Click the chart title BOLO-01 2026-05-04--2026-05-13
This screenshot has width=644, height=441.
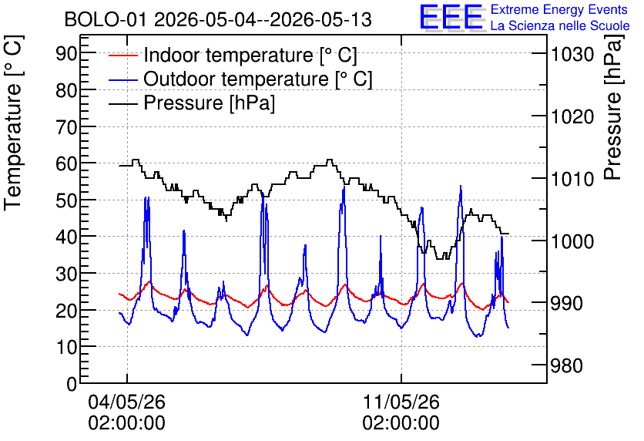pos(218,20)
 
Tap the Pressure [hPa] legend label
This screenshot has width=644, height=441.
pos(209,103)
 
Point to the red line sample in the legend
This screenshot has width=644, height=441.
pos(122,56)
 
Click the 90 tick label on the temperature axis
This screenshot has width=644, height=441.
pos(66,53)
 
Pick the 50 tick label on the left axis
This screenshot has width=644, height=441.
pos(66,200)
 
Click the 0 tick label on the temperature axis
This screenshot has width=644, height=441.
pos(72,384)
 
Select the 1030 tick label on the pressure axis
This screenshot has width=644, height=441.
pos(572,54)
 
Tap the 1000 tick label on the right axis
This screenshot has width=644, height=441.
pos(572,241)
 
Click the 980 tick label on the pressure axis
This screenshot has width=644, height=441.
pos(566,365)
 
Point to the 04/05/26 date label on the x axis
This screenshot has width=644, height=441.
pos(126,402)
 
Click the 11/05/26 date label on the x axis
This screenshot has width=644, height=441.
pos(401,402)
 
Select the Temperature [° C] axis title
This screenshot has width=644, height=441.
pos(13,123)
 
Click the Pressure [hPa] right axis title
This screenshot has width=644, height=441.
pos(613,107)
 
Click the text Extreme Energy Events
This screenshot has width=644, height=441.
pos(559,9)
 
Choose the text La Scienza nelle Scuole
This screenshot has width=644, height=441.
pos(560,26)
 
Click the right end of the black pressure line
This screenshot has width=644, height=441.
pos(508,234)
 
